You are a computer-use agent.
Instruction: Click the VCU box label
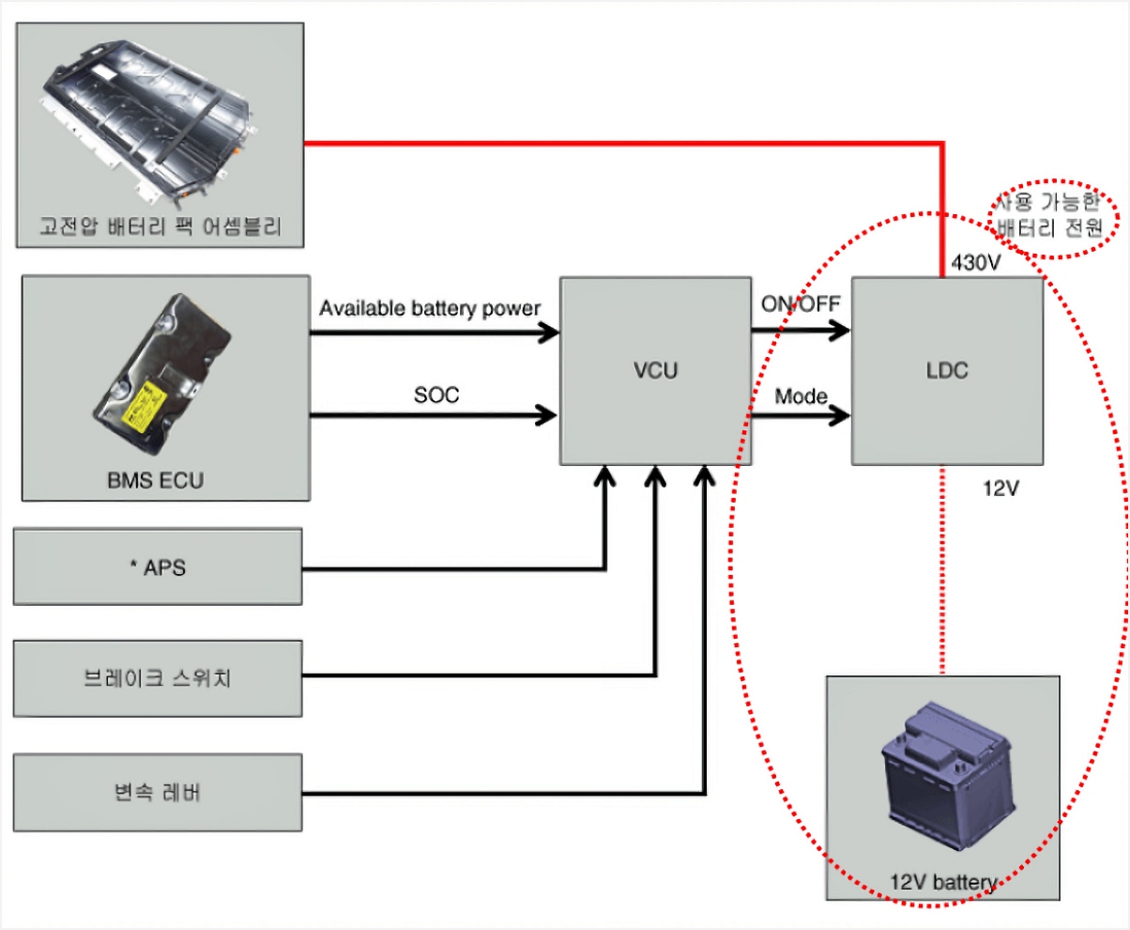[x=654, y=370]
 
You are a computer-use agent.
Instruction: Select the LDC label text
[x=946, y=370]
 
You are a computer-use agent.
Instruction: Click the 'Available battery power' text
[x=430, y=308]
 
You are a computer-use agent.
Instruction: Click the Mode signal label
[x=801, y=396]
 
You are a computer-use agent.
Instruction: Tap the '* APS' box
[x=158, y=566]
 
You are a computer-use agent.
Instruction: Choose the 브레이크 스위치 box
[x=158, y=678]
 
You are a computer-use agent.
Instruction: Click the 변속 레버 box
[x=158, y=792]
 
